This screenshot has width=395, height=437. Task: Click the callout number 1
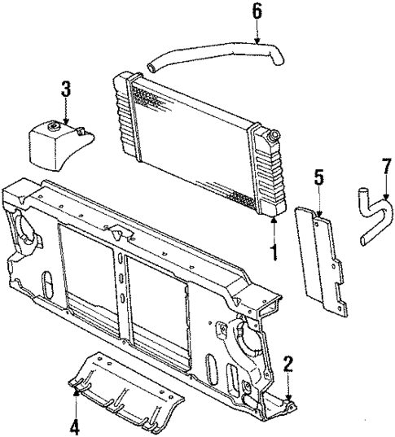coord(274,253)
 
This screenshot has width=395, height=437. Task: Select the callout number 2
coord(287,363)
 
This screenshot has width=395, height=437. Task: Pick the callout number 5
coord(319,177)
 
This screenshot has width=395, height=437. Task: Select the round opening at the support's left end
coord(26,229)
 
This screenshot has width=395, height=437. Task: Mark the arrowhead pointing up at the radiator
coord(274,219)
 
